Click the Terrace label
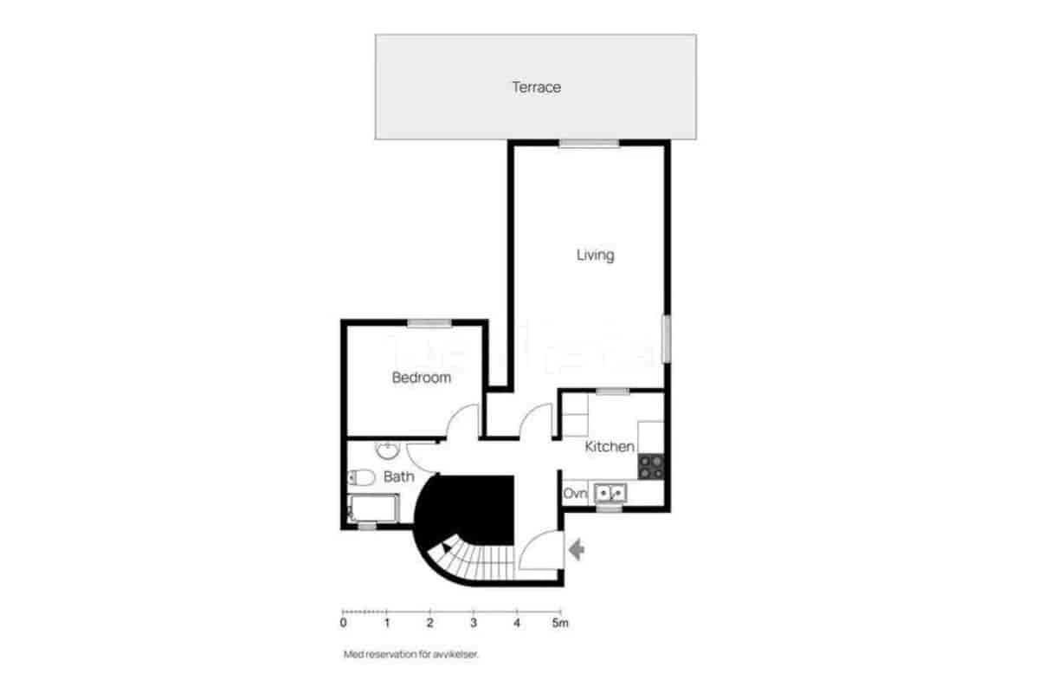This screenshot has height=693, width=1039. pos(536,87)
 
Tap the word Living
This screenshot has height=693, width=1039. pos(595,255)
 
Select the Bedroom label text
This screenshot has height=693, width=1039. pos(422,378)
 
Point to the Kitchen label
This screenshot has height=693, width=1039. pos(610,447)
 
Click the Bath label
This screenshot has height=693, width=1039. pos(399,476)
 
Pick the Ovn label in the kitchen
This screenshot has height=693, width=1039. pos(575,494)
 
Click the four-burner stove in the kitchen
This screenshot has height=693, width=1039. pos(650,466)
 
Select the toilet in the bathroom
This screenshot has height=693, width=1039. pos(360,476)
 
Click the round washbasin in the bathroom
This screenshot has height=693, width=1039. pos(386,450)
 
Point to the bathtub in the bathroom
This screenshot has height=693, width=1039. pos(372,508)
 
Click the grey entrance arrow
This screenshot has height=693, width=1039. pos(576,548)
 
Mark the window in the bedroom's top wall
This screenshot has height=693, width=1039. pos(429,324)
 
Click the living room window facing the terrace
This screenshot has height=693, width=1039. pos(589,144)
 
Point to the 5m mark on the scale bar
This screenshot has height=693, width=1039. pos(560,622)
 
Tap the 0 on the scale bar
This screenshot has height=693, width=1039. pos(344,622)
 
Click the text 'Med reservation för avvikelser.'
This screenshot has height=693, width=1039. pos(410,655)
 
